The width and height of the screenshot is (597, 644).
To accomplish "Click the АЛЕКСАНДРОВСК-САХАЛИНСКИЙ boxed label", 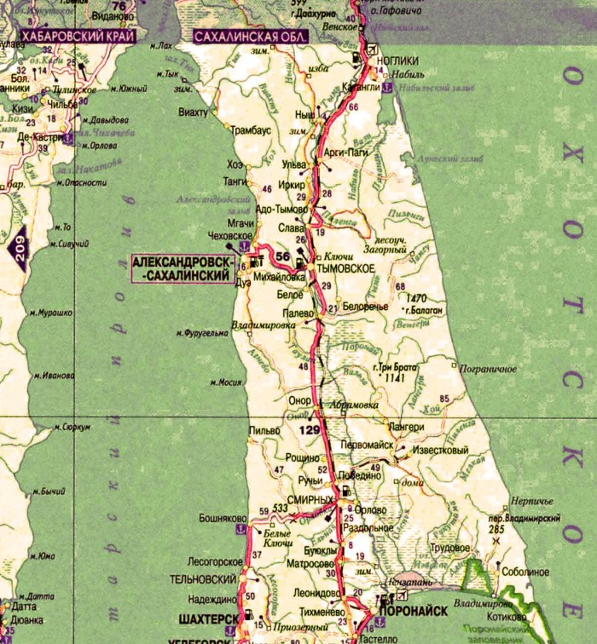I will (x=182, y=268).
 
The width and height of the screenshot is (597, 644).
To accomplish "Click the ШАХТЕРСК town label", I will (x=207, y=618).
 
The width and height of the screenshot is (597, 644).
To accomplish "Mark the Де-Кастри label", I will (x=39, y=136).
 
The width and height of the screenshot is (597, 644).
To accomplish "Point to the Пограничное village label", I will (x=488, y=368).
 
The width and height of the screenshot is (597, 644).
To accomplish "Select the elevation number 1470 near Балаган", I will (x=416, y=297).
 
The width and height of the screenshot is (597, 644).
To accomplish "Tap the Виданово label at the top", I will (x=104, y=16).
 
